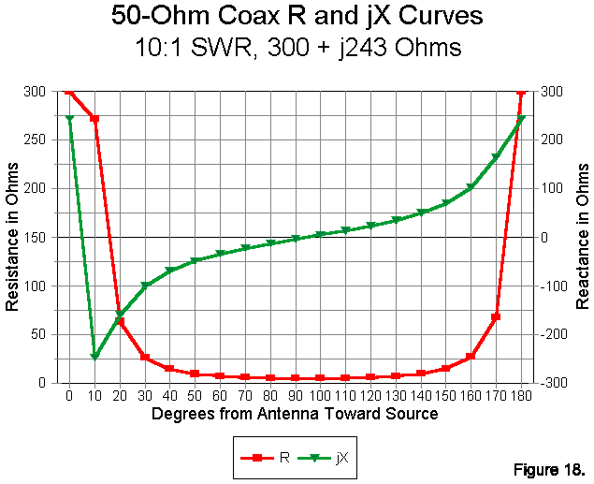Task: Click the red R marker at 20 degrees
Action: [120, 321]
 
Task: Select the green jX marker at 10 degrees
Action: [94, 357]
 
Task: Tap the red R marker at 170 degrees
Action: [496, 317]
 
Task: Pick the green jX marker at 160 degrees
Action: [471, 188]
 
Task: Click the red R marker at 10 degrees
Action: [94, 119]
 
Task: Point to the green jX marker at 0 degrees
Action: [69, 119]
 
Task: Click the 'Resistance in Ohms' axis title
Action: [13, 237]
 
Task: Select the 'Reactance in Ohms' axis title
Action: [582, 237]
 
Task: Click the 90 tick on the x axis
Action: [295, 396]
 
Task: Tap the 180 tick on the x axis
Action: [521, 396]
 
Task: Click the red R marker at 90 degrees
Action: [295, 378]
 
